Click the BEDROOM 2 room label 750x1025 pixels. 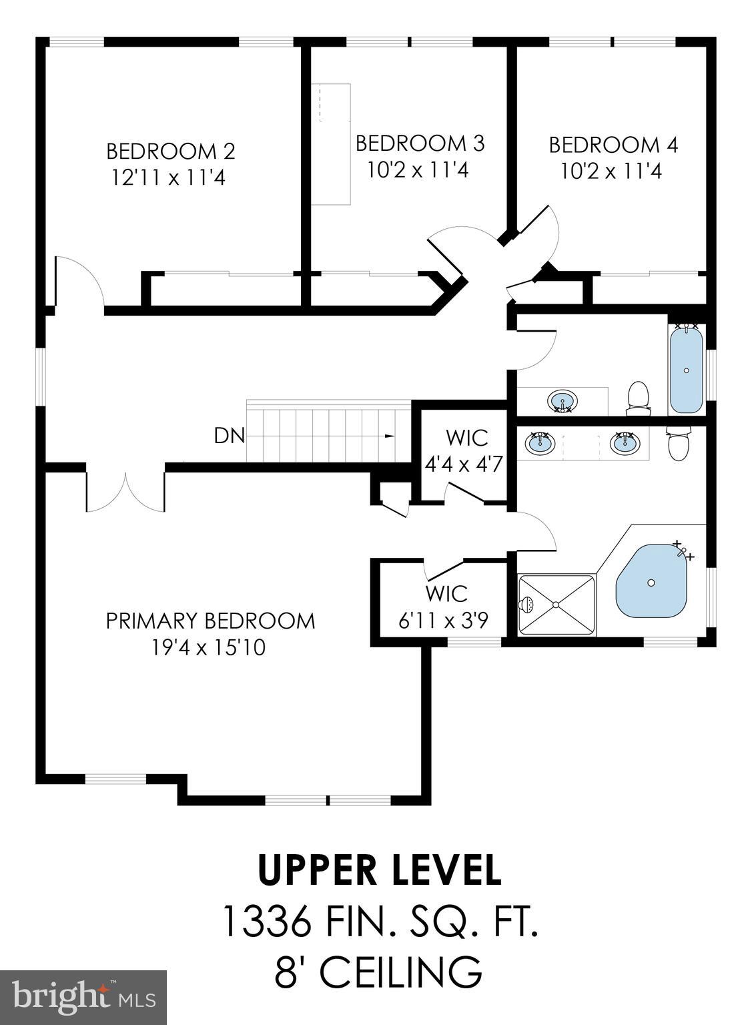(171, 151)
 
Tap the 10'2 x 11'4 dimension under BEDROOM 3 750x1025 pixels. (418, 170)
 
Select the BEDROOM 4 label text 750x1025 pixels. (613, 145)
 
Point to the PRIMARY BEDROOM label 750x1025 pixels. (210, 621)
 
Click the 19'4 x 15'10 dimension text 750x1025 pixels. (209, 647)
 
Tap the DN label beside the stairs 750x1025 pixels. (229, 436)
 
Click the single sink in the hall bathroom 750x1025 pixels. (562, 402)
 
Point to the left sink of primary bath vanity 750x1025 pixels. (540, 443)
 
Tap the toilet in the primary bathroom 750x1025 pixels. (678, 446)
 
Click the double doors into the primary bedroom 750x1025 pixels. (125, 492)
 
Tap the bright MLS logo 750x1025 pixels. (83, 998)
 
